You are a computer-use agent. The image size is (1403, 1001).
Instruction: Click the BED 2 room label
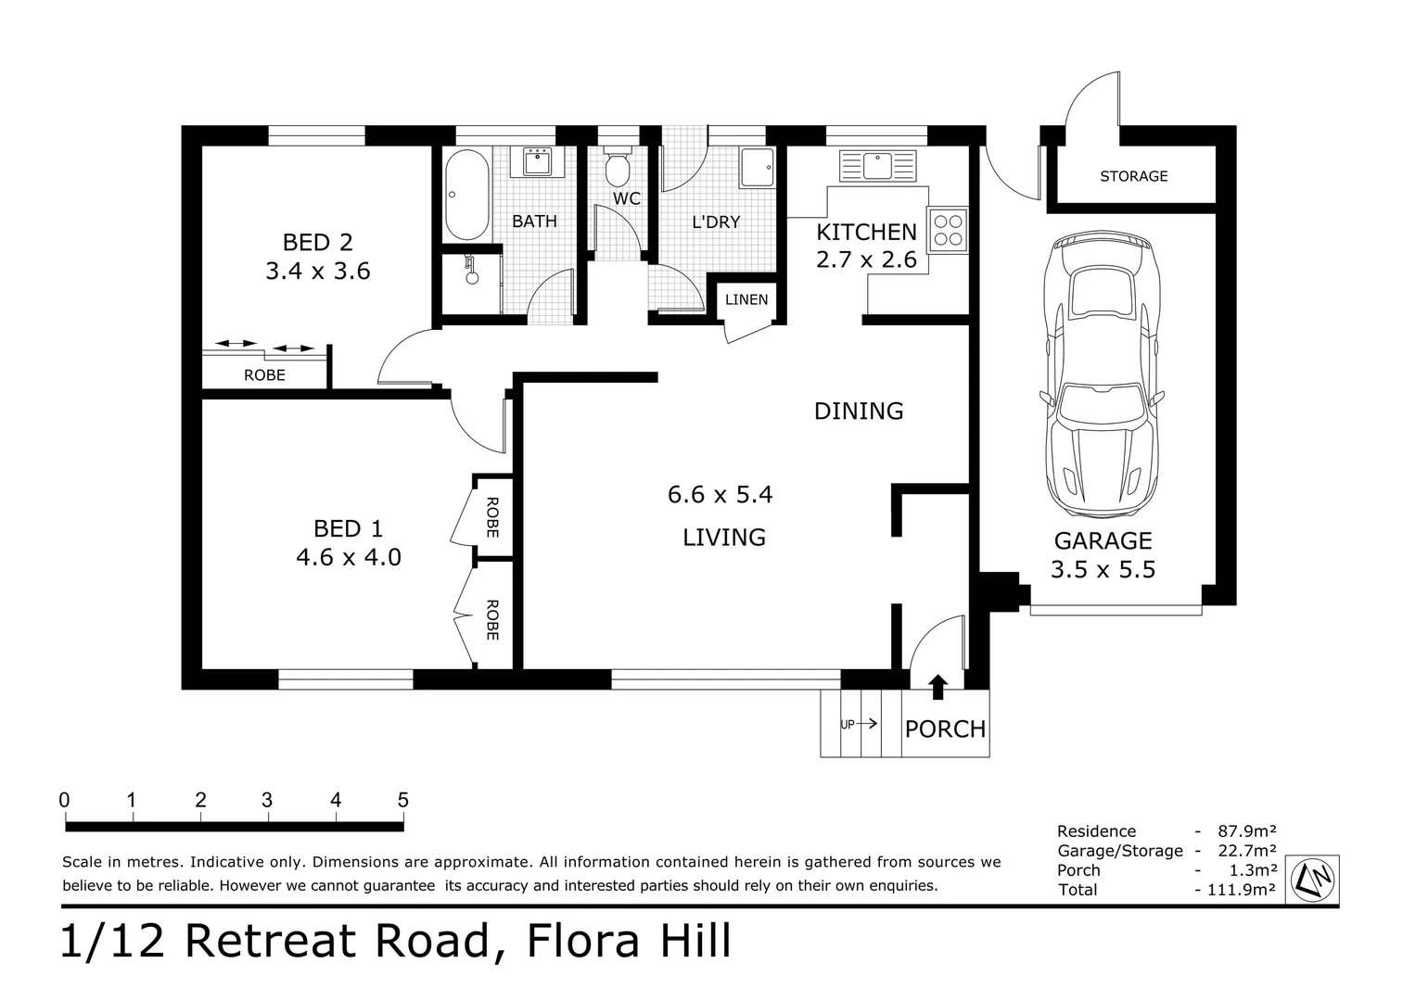click(x=317, y=242)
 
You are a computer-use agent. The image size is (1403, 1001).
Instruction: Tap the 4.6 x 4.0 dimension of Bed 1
click(x=348, y=558)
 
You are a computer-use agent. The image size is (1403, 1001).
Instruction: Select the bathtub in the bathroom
click(x=466, y=195)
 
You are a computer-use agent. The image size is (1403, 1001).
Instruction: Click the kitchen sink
click(x=876, y=166)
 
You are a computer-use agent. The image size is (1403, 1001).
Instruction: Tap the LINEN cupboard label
click(x=746, y=299)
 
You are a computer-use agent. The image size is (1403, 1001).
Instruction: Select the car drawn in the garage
click(x=1102, y=375)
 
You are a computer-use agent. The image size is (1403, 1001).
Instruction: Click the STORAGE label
click(x=1133, y=176)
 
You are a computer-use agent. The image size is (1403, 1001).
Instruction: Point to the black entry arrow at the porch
click(x=938, y=686)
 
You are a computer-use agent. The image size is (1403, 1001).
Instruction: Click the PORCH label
click(x=945, y=729)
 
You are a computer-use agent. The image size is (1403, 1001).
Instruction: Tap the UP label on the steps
click(x=847, y=725)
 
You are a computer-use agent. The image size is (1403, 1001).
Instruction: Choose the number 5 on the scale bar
click(x=402, y=800)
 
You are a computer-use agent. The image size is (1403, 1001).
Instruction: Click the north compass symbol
click(x=1315, y=876)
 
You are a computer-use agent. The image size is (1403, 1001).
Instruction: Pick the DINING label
click(x=859, y=411)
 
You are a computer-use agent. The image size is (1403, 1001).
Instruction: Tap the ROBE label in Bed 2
click(x=264, y=375)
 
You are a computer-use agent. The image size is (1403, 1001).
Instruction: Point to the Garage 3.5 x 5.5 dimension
click(x=1103, y=569)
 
